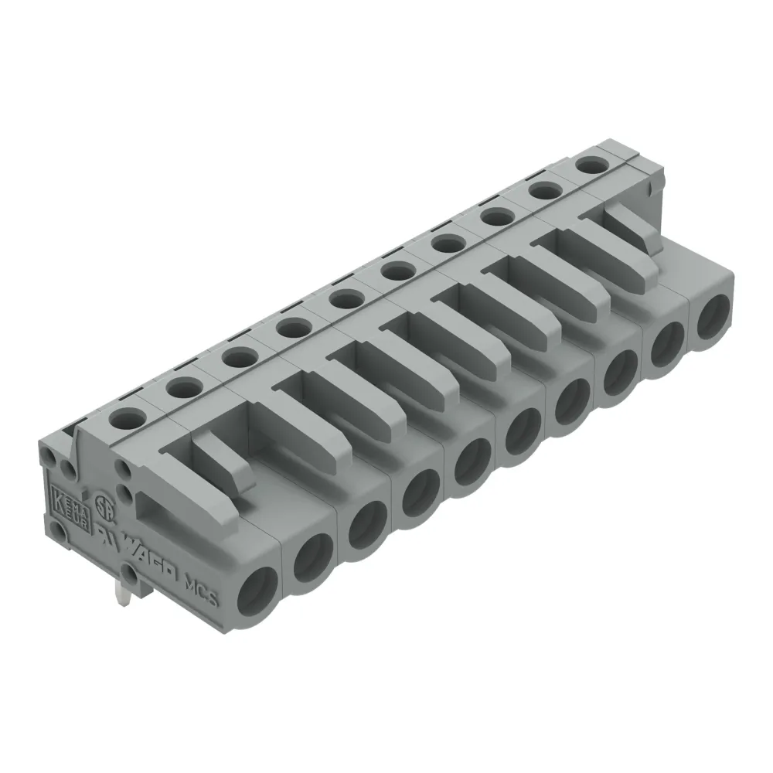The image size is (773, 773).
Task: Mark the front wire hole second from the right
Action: (x=666, y=342)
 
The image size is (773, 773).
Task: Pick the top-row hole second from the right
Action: (x=544, y=190)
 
